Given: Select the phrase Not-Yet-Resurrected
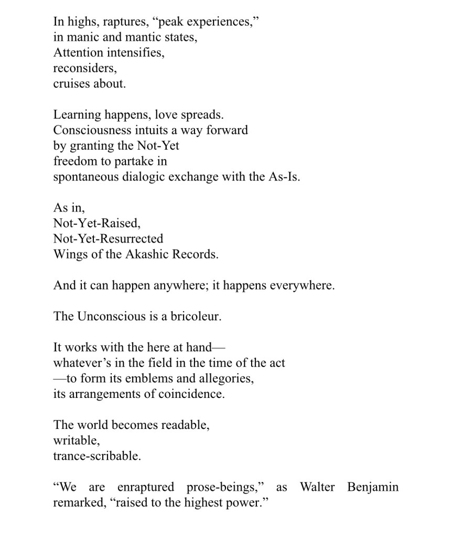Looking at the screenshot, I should pos(108,238).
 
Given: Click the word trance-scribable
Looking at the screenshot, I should pos(97,456).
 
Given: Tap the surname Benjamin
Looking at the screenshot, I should pos(372,487).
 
